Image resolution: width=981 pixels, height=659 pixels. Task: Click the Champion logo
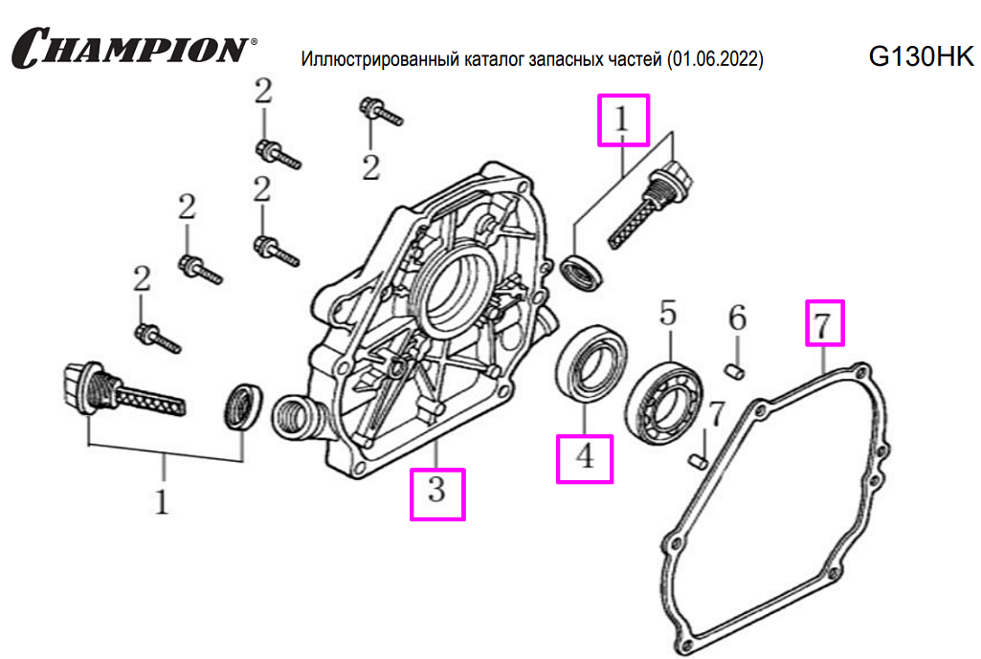[x=134, y=48]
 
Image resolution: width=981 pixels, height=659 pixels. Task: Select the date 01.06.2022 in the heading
[x=717, y=60]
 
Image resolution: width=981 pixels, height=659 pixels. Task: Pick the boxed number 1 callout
[x=623, y=120]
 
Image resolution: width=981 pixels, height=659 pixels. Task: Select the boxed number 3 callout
[x=437, y=494]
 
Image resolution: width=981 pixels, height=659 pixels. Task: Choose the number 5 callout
[x=668, y=313]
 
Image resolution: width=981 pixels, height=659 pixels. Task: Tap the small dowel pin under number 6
[x=736, y=366]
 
